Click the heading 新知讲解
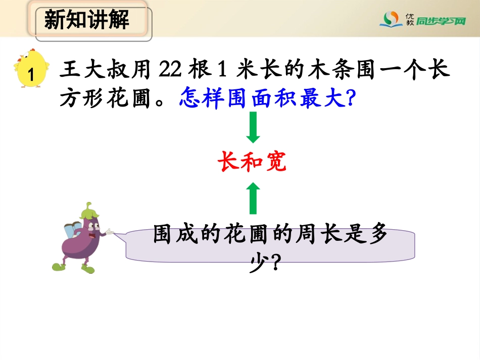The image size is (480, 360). tap(87, 20)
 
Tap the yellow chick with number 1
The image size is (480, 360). tap(31, 72)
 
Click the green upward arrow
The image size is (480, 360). tap(253, 198)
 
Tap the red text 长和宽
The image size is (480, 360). tap(253, 163)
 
